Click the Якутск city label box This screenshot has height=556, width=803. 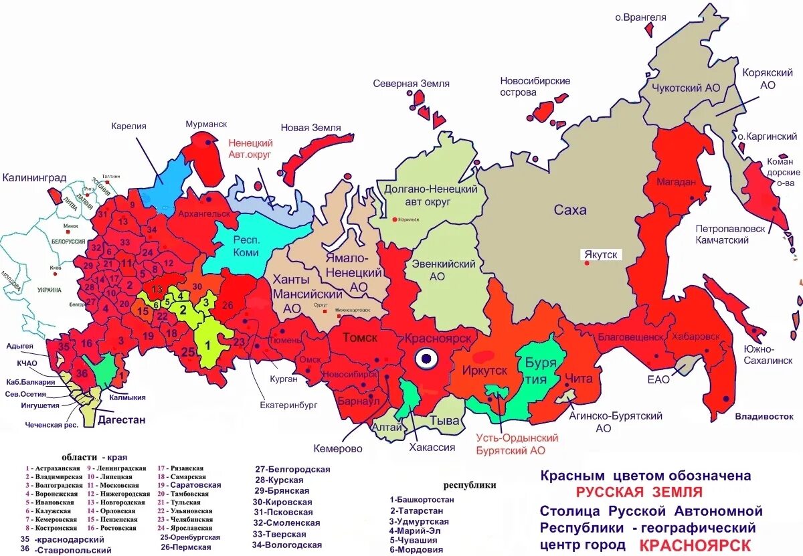[602, 255]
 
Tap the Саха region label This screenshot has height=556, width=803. [570, 210]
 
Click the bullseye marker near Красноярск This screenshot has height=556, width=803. [426, 360]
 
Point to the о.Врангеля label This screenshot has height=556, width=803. [640, 17]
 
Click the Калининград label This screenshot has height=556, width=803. [34, 178]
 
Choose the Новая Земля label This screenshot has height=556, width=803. [310, 128]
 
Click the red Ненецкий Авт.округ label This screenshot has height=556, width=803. [250, 149]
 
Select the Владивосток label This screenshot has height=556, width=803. [759, 416]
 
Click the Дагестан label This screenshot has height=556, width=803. [121, 420]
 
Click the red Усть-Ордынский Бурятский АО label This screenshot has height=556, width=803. [517, 444]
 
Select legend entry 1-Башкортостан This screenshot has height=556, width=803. [422, 499]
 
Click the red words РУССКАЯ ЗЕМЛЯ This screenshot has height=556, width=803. [639, 493]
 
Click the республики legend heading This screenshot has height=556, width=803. [470, 485]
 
